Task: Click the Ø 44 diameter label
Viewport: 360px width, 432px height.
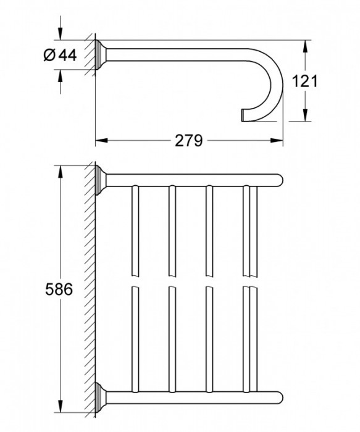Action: pyautogui.click(x=60, y=56)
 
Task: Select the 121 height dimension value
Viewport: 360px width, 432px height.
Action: pyautogui.click(x=304, y=81)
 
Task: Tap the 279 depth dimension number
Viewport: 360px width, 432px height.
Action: pyautogui.click(x=189, y=141)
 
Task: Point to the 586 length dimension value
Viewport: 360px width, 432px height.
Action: pyautogui.click(x=59, y=289)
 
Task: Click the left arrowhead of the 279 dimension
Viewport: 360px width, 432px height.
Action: pyautogui.click(x=101, y=141)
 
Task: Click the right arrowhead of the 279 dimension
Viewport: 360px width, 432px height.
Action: pyautogui.click(x=277, y=141)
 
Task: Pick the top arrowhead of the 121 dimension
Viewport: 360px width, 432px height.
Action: pyautogui.click(x=305, y=46)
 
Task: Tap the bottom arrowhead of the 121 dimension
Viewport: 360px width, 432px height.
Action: pyautogui.click(x=305, y=115)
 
